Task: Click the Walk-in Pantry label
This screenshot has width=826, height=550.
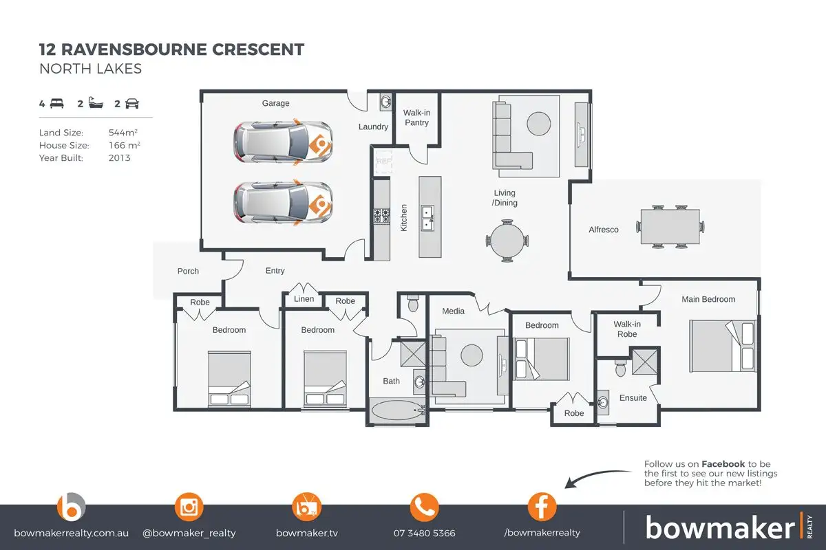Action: (416, 118)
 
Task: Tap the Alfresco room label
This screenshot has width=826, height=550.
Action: (604, 230)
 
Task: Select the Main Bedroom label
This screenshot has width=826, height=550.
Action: (708, 299)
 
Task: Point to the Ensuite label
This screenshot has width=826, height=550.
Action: (633, 398)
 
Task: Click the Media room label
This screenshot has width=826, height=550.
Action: (453, 311)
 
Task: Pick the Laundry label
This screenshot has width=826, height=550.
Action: (374, 127)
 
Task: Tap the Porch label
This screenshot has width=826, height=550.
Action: (188, 271)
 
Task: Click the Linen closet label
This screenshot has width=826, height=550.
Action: (304, 299)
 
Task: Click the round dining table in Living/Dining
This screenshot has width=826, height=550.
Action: (508, 240)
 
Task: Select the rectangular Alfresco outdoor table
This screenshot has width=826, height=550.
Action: (670, 226)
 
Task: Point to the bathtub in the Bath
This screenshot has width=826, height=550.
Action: (399, 410)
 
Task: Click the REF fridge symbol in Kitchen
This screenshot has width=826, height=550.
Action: (383, 162)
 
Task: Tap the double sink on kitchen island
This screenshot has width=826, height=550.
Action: (428, 217)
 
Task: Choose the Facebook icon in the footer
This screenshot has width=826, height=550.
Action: (542, 508)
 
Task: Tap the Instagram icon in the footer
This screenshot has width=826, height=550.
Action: (189, 508)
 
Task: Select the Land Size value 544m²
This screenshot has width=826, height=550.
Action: (123, 132)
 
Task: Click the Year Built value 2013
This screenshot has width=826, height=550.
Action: (119, 157)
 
